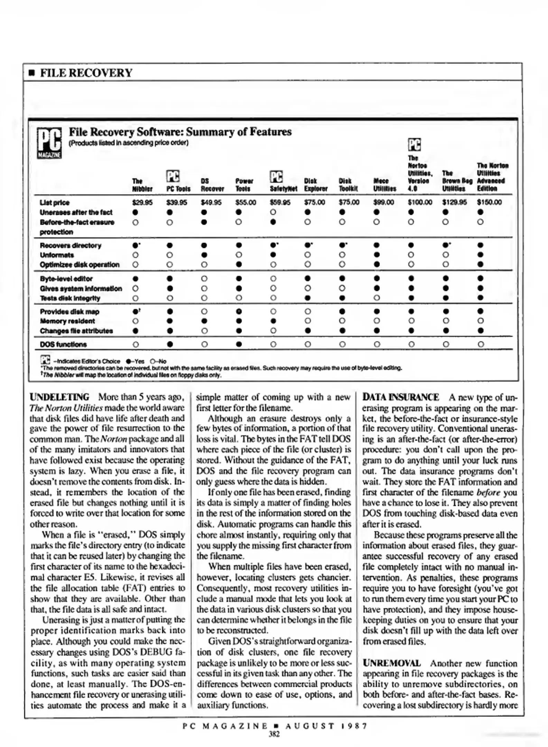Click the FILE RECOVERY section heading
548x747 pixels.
(86, 73)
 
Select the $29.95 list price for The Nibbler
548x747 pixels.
(142, 202)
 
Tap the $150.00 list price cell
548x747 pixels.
(489, 202)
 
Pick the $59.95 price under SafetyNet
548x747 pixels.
(280, 202)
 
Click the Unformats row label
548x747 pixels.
(57, 255)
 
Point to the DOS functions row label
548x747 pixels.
(63, 344)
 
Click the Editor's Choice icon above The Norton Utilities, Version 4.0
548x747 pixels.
(415, 145)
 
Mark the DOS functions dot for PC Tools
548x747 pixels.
(170, 344)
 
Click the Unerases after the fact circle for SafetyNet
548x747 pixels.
(273, 212)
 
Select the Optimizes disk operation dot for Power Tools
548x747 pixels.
(239, 265)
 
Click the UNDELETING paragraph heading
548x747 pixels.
(59, 397)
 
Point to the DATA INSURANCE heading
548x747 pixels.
(401, 397)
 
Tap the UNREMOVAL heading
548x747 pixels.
(392, 663)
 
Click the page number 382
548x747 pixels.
(274, 734)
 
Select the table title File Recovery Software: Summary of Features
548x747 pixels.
(180, 132)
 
